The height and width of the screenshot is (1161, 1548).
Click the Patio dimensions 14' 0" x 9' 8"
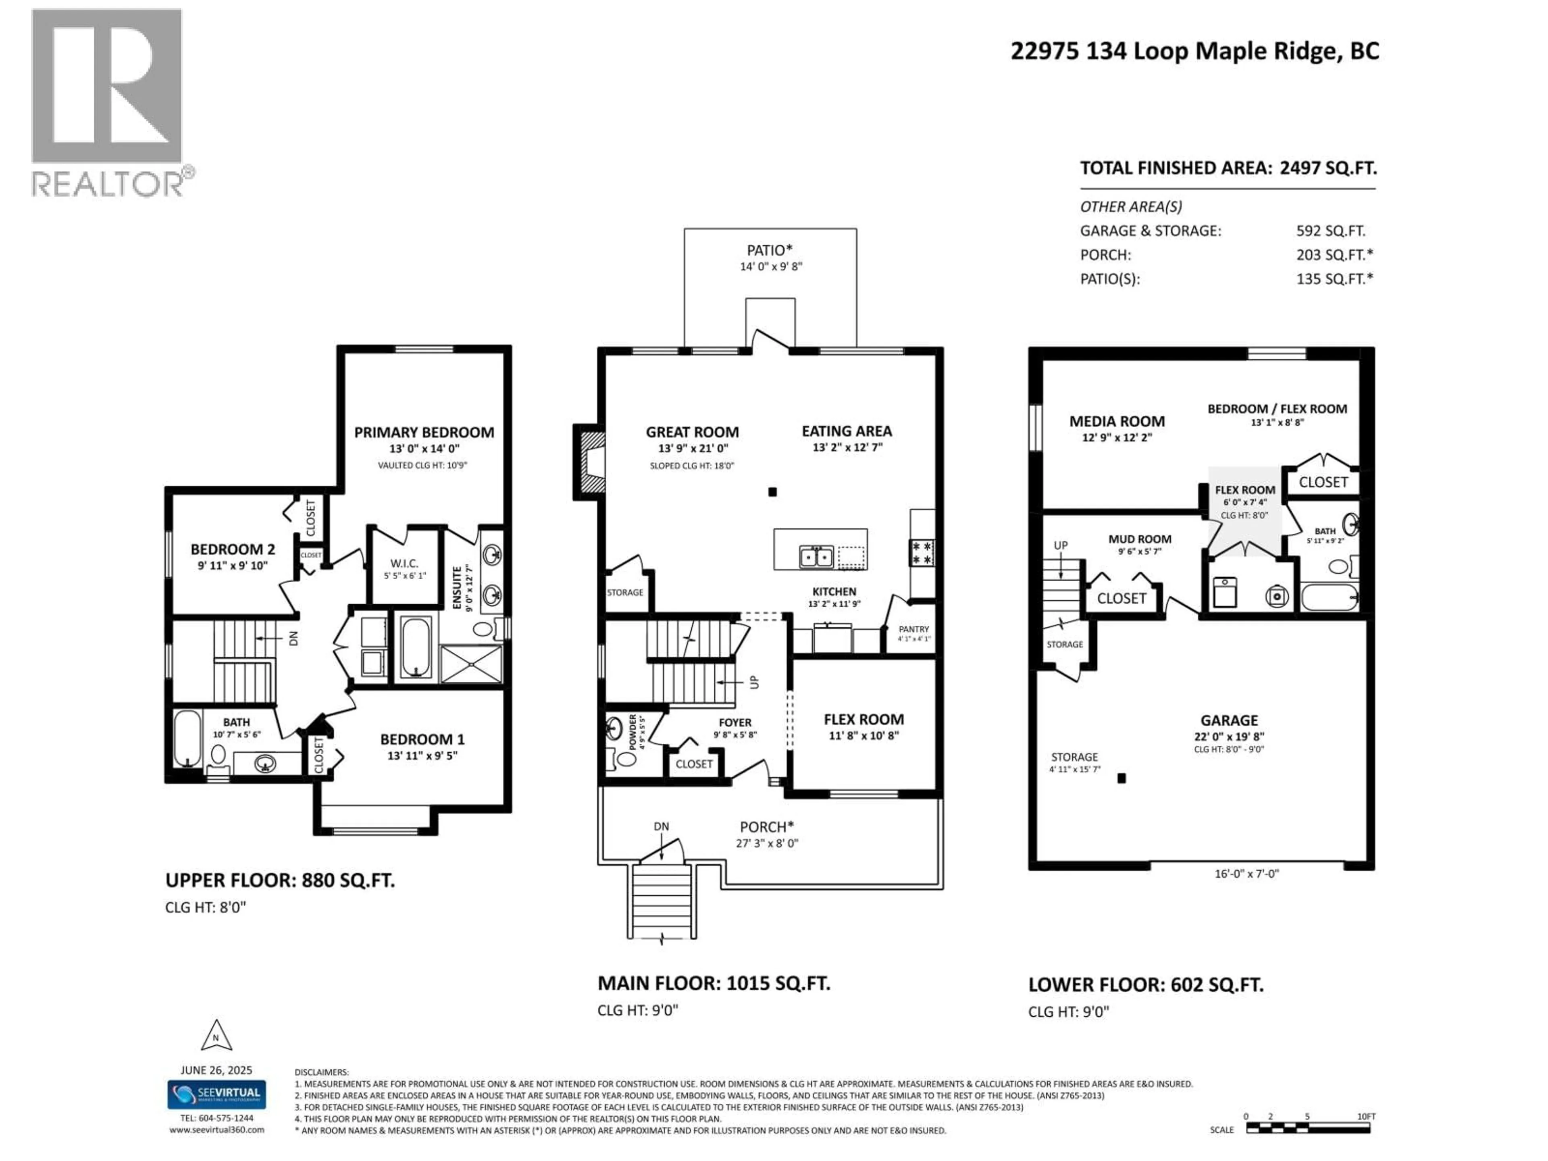click(x=770, y=266)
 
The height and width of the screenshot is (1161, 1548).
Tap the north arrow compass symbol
click(x=216, y=1036)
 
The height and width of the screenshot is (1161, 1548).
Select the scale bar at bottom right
click(x=1307, y=1128)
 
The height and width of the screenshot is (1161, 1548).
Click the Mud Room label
click(x=1139, y=539)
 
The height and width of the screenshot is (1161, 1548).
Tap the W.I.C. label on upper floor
click(x=404, y=563)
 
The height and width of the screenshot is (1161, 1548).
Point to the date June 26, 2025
click(x=216, y=1070)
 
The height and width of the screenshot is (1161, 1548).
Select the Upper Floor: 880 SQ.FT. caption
click(x=280, y=880)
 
